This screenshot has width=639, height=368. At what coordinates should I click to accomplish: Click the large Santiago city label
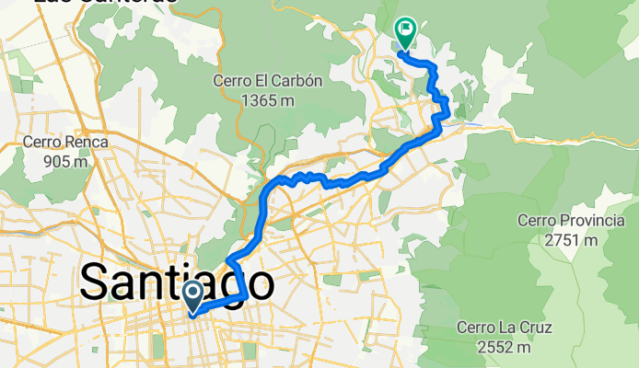pos(176,282)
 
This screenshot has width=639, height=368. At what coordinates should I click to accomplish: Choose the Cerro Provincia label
pos(558,221)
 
